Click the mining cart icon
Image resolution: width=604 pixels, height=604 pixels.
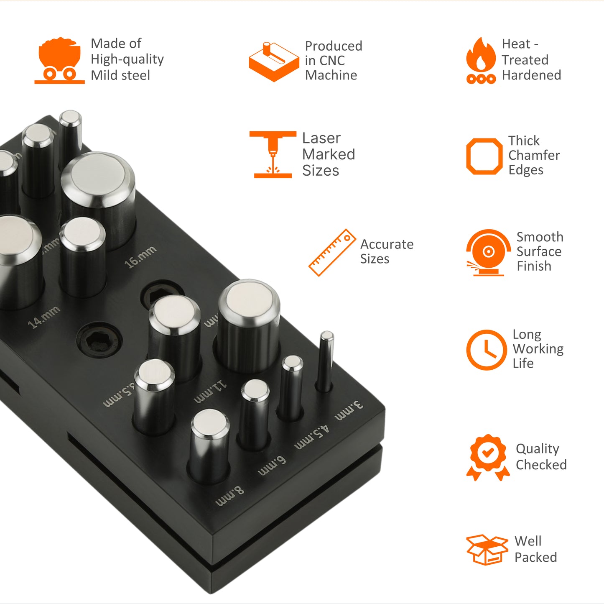pyautogui.click(x=59, y=61)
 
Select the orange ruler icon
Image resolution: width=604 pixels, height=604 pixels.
pyautogui.click(x=332, y=253)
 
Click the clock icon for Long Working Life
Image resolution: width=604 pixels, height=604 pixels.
pyautogui.click(x=486, y=350)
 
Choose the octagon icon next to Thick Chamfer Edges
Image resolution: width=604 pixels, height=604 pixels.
pyautogui.click(x=484, y=156)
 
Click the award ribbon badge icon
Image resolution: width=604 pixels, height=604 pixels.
pyautogui.click(x=488, y=457)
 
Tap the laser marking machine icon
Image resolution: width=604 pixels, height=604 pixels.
pyautogui.click(x=273, y=154)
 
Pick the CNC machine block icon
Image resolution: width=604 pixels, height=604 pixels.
pyautogui.click(x=274, y=62)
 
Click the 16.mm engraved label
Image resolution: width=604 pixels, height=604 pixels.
pyautogui.click(x=140, y=256)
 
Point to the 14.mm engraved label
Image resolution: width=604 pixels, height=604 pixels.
pyautogui.click(x=44, y=317)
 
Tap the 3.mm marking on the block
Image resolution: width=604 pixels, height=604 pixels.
pyautogui.click(x=349, y=410)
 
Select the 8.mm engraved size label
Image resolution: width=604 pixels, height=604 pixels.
pyautogui.click(x=229, y=496)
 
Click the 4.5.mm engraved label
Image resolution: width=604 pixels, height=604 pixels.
pyautogui.click(x=312, y=437)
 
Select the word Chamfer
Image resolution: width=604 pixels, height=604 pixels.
pyautogui.click(x=534, y=155)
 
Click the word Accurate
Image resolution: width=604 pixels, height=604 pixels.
pyautogui.click(x=387, y=244)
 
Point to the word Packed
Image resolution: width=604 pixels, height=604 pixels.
pyautogui.click(x=536, y=557)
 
